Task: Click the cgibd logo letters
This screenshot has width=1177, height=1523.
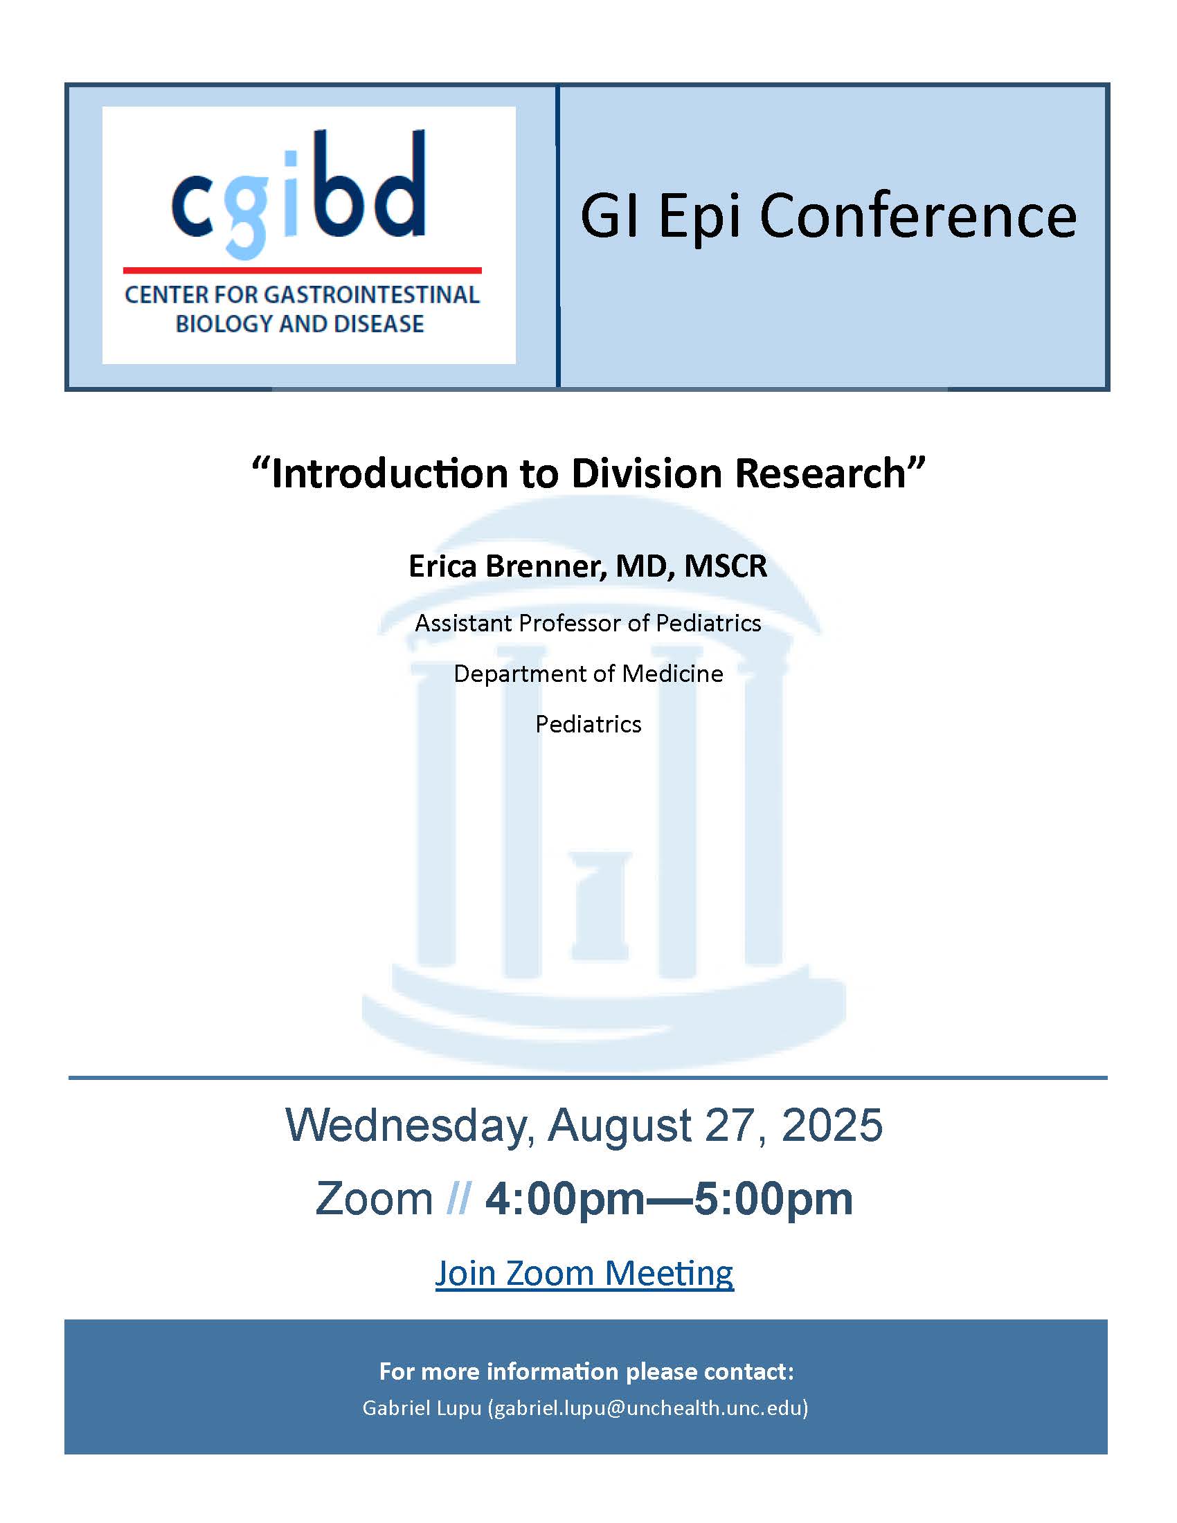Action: [298, 193]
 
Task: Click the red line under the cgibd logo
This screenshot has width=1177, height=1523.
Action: [303, 270]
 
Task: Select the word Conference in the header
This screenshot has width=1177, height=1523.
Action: [917, 215]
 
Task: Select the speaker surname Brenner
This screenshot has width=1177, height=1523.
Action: [546, 566]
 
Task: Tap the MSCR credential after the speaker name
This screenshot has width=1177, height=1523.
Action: [726, 566]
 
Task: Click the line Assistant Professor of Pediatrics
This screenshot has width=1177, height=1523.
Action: [588, 623]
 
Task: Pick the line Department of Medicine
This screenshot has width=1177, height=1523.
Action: [588, 674]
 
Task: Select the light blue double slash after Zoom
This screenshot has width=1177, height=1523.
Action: [458, 1198]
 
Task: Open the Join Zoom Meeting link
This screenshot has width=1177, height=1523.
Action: [584, 1273]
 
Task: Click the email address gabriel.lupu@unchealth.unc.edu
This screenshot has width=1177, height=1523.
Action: [648, 1408]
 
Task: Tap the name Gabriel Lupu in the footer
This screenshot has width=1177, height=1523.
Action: [422, 1408]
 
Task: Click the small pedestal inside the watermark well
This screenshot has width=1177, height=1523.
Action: [600, 906]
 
